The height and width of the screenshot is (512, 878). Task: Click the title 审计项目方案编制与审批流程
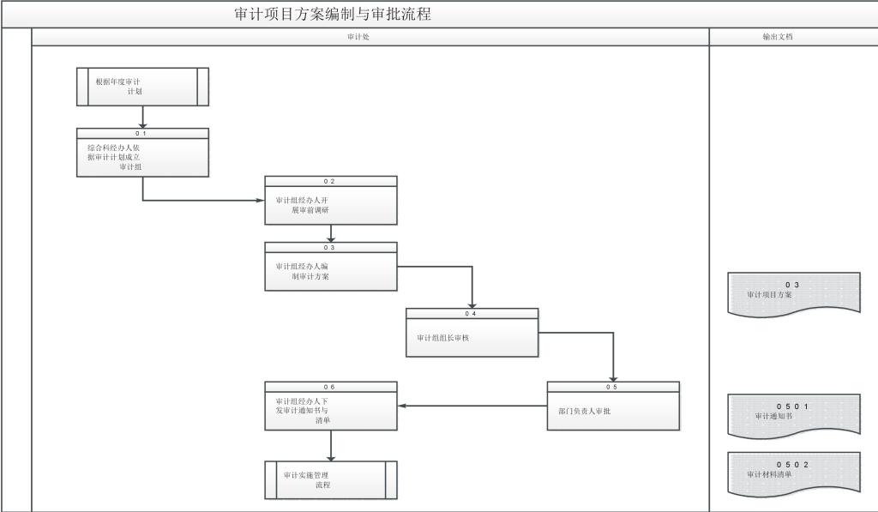point(333,14)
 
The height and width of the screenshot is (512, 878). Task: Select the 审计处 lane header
point(358,37)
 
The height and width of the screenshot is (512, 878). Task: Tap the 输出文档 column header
point(778,37)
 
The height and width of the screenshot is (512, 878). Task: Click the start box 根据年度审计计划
point(142,87)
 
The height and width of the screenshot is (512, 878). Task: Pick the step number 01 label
point(142,133)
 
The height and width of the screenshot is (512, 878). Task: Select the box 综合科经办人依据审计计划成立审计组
point(142,157)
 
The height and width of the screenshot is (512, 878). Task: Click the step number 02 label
point(330,181)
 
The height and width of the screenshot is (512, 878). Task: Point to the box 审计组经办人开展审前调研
point(330,205)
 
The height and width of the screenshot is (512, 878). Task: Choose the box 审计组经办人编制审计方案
point(330,271)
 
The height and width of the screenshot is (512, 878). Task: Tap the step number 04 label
point(472,313)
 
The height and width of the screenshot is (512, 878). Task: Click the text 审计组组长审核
point(443,338)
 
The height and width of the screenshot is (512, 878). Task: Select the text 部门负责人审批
point(584,411)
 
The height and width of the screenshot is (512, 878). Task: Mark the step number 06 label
point(330,387)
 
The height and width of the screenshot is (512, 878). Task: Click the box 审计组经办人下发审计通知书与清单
point(330,411)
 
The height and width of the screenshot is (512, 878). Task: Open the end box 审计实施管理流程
point(330,479)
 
